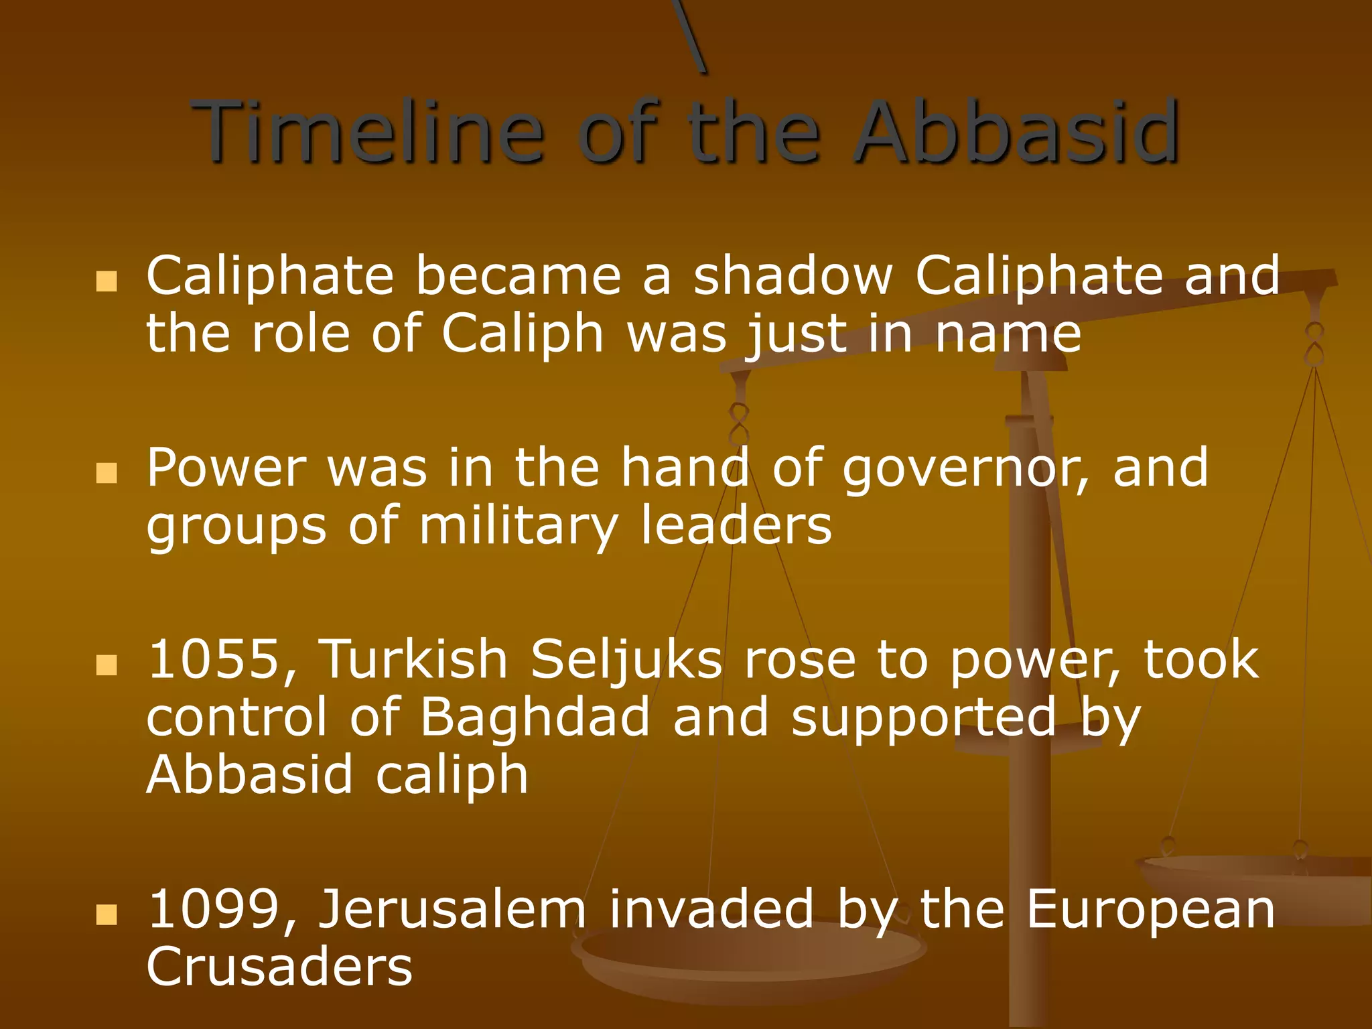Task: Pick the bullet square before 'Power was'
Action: click(107, 472)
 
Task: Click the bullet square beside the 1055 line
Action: click(107, 665)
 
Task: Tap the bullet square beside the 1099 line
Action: click(107, 914)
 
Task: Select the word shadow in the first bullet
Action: click(793, 275)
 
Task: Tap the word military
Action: click(517, 527)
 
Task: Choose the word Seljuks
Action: click(626, 660)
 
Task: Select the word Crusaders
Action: click(279, 967)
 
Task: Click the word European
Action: click(1150, 910)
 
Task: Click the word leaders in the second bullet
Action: click(736, 527)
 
